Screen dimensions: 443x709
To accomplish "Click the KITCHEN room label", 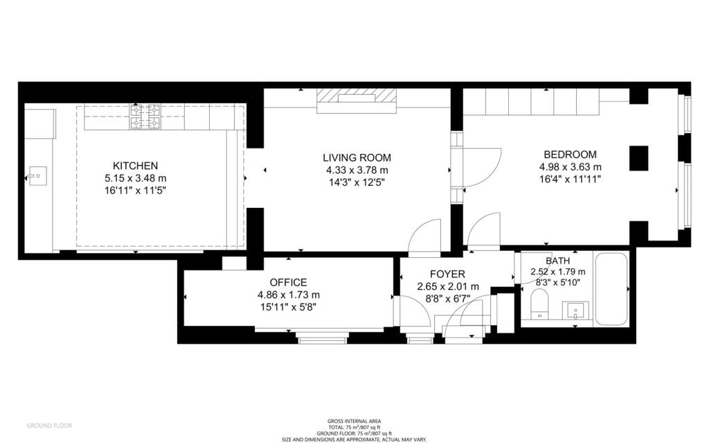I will [x=136, y=166].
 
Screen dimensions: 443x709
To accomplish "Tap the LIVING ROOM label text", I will [x=357, y=157].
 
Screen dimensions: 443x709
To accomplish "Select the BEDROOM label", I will [x=570, y=155].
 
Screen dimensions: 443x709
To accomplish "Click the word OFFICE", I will [x=288, y=282].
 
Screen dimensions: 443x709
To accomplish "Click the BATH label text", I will [x=557, y=261].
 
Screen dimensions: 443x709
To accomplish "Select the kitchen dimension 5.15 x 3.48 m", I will [x=136, y=177].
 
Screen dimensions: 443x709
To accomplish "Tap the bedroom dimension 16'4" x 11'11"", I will [x=570, y=179].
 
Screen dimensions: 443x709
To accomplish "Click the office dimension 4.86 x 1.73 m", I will [x=288, y=294].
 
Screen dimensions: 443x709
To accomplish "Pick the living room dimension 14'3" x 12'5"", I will [x=357, y=182].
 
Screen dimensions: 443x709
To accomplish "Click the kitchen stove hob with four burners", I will [x=145, y=117].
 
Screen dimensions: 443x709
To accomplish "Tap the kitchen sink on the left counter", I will [x=36, y=177].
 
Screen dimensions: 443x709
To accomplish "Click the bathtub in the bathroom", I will [x=612, y=290].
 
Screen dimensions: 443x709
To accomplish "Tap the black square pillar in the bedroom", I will [x=638, y=158].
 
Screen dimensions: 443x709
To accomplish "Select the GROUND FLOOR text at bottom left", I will [x=48, y=425].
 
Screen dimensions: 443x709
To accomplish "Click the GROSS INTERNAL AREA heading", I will [x=354, y=422].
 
